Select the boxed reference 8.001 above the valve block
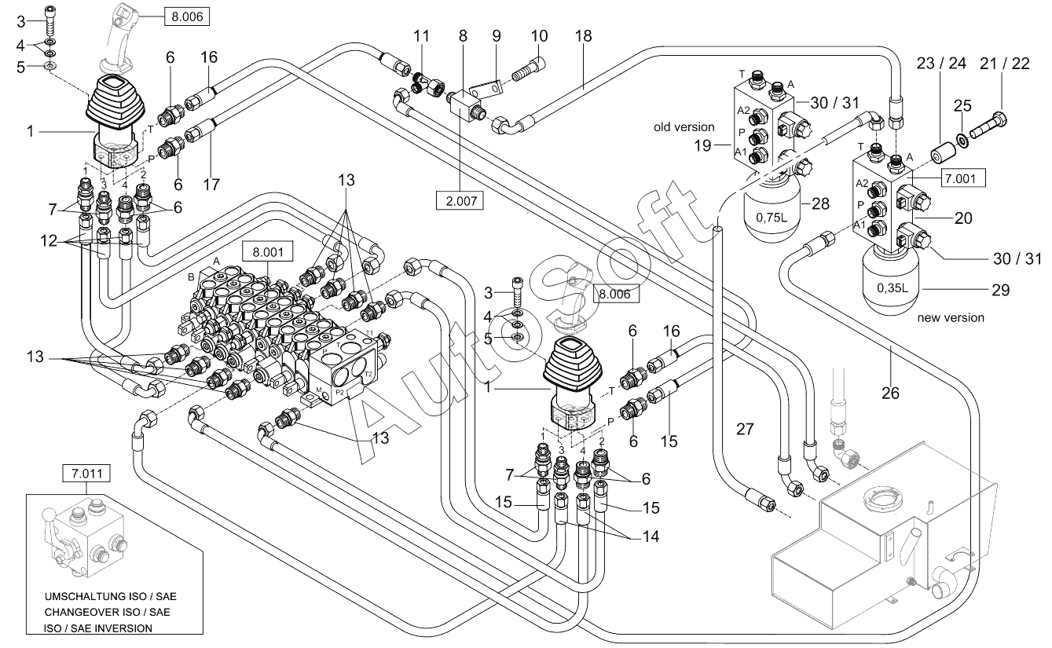click(268, 251)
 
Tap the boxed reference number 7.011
click(87, 474)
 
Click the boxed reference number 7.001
click(960, 178)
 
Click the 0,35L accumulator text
click(892, 287)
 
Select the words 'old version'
click(684, 126)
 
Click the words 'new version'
click(950, 317)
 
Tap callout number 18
click(583, 35)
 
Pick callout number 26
click(890, 393)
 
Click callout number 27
click(745, 429)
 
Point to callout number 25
click(962, 105)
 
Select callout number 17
click(211, 184)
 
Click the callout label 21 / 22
click(1005, 64)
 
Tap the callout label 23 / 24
click(941, 64)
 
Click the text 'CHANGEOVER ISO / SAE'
click(107, 613)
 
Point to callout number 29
click(1000, 290)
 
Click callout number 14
click(651, 536)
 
